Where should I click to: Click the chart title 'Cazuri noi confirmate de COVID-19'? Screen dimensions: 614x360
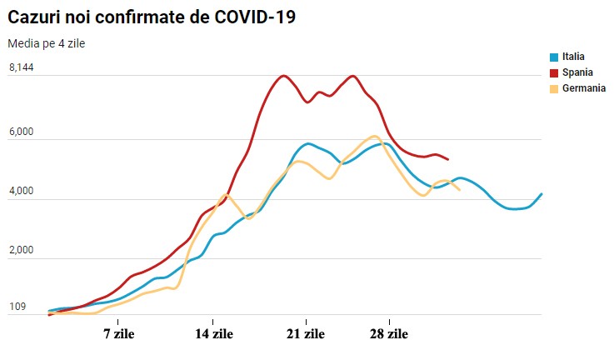[x=152, y=17]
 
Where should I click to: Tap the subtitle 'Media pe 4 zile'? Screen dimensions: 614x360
[x=46, y=43]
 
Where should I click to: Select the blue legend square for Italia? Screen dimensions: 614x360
[x=554, y=57]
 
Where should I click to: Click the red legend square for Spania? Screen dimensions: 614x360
[x=554, y=73]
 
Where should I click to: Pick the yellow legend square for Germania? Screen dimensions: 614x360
[x=554, y=89]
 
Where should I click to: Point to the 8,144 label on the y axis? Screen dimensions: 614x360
[x=22, y=67]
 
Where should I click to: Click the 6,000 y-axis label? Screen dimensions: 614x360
[x=22, y=132]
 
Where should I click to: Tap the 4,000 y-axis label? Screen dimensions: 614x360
[x=22, y=191]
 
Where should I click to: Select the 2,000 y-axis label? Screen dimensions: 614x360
[x=22, y=250]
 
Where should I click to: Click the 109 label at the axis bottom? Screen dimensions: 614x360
[x=17, y=307]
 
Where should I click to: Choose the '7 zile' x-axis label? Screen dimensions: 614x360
[x=119, y=334]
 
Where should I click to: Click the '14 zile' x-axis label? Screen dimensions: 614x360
[x=214, y=334]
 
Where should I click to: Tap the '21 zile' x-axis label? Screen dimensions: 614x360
[x=306, y=334]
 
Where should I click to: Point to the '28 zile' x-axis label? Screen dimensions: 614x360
[x=389, y=334]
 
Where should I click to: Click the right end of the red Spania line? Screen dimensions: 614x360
[x=448, y=159]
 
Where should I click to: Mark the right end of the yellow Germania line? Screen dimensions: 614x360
[x=459, y=190]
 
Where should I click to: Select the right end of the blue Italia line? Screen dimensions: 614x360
[x=542, y=193]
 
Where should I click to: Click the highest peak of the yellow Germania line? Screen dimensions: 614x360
[x=374, y=137]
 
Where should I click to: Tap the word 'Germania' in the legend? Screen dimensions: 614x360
[x=584, y=88]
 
